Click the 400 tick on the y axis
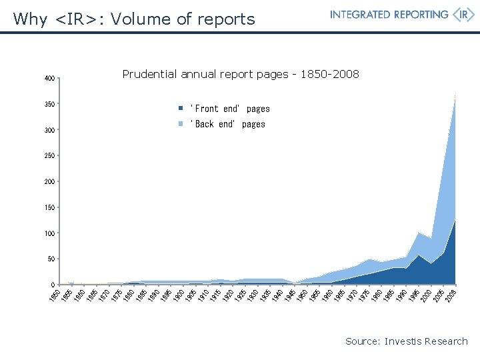(x=49, y=79)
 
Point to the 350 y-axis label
(x=49, y=105)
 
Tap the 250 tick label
(x=49, y=156)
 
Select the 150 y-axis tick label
(x=49, y=208)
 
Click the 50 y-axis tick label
(x=51, y=259)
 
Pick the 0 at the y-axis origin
(x=53, y=285)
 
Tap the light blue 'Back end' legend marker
(x=180, y=124)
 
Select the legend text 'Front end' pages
(x=230, y=109)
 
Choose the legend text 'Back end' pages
(x=228, y=124)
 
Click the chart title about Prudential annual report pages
(x=241, y=74)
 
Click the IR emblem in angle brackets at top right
(x=463, y=15)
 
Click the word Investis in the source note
(x=407, y=341)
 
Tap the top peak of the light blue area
(x=455, y=94)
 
